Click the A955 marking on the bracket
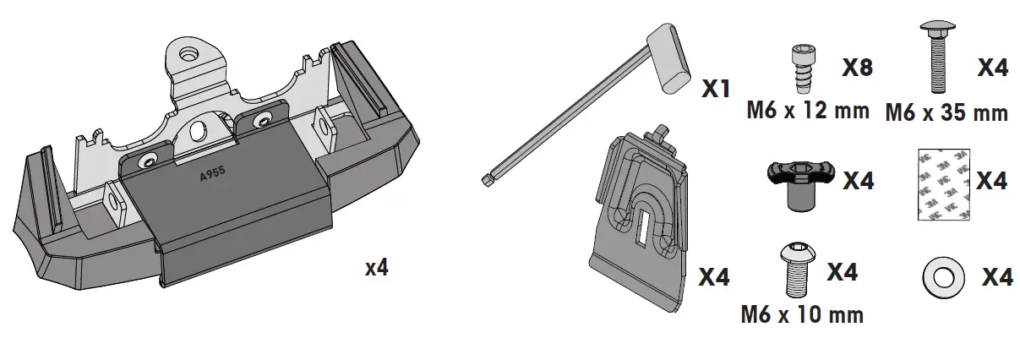pyautogui.click(x=212, y=173)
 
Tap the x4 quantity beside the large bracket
pyautogui.click(x=377, y=268)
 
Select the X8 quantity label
pyautogui.click(x=858, y=68)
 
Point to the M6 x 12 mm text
pyautogui.click(x=808, y=111)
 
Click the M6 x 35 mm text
pyautogui.click(x=946, y=113)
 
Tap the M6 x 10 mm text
pyautogui.click(x=802, y=314)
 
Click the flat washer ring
pyautogui.click(x=943, y=278)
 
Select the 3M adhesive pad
pyautogui.click(x=943, y=184)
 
